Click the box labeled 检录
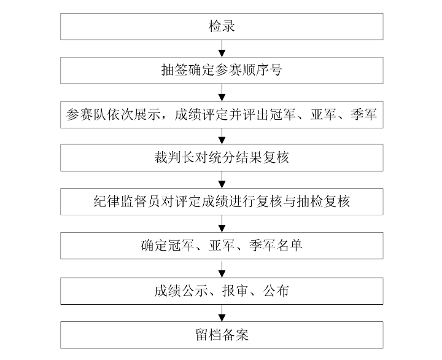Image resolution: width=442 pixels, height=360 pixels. [x=222, y=26]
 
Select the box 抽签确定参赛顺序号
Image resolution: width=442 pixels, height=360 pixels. [x=222, y=71]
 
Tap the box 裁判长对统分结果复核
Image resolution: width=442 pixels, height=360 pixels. [x=222, y=157]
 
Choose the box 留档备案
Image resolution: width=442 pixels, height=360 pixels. [x=222, y=335]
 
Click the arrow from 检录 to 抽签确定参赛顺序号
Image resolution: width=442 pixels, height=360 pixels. [x=222, y=49]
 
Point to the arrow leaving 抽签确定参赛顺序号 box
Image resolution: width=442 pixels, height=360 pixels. [x=222, y=93]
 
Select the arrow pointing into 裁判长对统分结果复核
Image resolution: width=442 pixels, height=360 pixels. [x=222, y=136]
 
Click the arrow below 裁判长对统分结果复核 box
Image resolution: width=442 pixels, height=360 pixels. [x=222, y=180]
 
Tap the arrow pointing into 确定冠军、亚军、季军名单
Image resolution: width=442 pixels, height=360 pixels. [x=222, y=224]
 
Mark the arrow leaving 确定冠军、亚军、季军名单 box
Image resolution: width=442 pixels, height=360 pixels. [x=222, y=268]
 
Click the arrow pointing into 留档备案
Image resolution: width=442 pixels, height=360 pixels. [x=222, y=313]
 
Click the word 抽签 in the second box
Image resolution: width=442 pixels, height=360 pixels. [x=174, y=70]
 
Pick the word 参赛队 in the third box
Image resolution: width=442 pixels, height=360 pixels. [x=86, y=114]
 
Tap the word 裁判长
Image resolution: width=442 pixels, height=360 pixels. [x=174, y=157]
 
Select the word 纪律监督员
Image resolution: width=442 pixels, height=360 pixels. [x=127, y=202]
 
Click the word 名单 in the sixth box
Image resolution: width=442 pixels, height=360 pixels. [x=289, y=246]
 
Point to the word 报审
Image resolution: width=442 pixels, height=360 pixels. [x=235, y=291]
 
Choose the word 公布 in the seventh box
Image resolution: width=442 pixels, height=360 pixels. [x=276, y=291]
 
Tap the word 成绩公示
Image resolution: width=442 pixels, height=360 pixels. [x=180, y=291]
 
